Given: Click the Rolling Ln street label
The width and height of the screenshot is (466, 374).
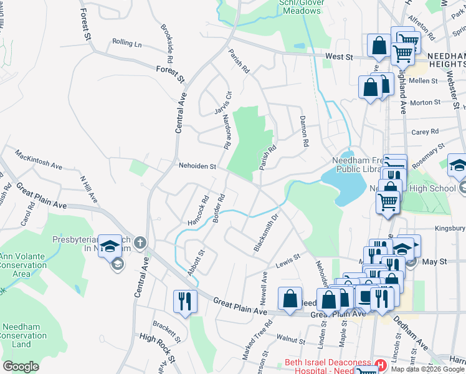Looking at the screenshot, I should click(x=127, y=44).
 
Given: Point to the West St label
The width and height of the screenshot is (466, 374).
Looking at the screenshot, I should click(x=339, y=57).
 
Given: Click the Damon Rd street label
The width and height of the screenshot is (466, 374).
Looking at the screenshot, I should click(x=304, y=131).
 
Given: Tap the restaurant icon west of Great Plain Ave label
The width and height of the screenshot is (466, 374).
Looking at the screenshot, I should click(x=185, y=301).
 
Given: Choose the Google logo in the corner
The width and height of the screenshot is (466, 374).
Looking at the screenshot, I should click(x=21, y=367).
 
